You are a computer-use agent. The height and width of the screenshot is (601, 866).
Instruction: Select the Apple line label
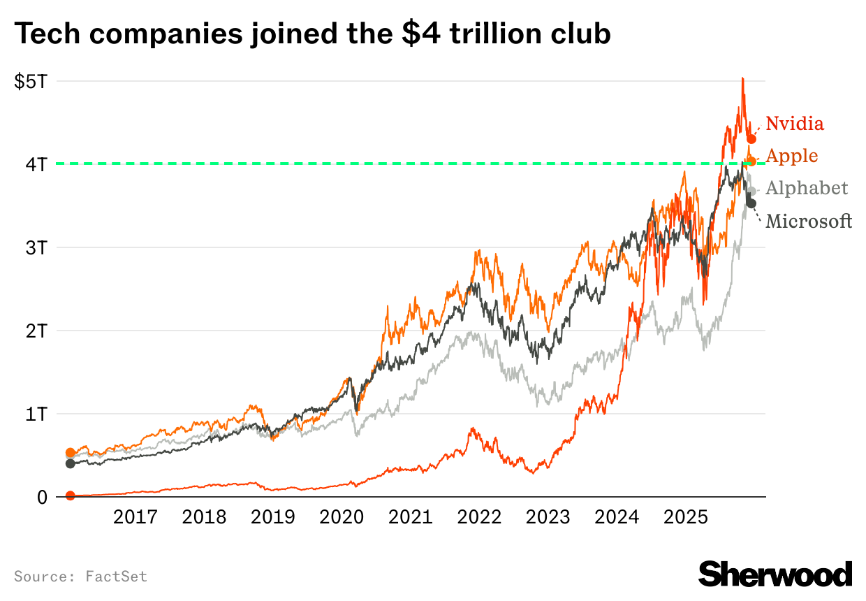(792, 155)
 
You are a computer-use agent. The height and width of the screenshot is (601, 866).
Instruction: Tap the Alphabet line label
(807, 188)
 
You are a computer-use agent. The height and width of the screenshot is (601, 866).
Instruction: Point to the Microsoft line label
(809, 222)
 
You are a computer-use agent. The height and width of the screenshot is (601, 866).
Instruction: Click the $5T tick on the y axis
(31, 81)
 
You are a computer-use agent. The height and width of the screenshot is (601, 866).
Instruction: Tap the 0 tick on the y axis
(42, 497)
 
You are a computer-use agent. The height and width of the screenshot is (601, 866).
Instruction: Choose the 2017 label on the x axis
(135, 518)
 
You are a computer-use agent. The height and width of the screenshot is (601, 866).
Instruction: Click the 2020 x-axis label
(342, 518)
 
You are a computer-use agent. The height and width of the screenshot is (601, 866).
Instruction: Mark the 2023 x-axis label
(548, 518)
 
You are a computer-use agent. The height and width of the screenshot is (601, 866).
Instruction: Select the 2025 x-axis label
(686, 518)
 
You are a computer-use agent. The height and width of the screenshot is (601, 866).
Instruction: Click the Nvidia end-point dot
(751, 139)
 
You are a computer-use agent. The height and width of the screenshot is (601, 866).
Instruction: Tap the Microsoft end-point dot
(751, 203)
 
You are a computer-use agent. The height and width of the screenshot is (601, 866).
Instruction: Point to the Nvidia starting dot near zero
(70, 495)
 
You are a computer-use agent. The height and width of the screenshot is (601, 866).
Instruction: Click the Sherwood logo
(775, 574)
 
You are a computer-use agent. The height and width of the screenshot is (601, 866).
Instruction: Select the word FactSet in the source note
(117, 577)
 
